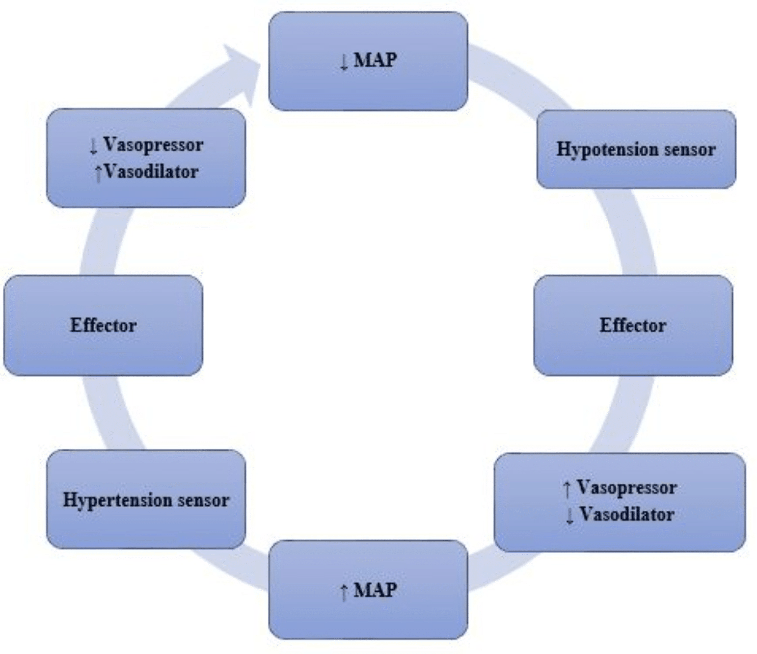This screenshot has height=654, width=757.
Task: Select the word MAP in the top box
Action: [x=375, y=60]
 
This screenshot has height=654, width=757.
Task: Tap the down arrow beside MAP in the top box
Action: [x=344, y=62]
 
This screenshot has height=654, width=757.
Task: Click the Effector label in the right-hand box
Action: [x=633, y=325]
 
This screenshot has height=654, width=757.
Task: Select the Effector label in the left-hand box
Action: [x=103, y=325]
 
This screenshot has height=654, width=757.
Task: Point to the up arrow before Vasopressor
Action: [x=567, y=489]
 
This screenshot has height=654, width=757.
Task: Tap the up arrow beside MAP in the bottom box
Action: [x=344, y=592]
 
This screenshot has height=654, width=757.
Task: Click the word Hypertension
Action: [x=117, y=500]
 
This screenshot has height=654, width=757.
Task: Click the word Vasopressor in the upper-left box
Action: [x=153, y=145]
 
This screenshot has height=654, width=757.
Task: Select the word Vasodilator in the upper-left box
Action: [x=151, y=172]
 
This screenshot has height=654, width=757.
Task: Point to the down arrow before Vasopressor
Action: [x=93, y=146]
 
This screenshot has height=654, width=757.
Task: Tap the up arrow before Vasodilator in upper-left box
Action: [x=98, y=173]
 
